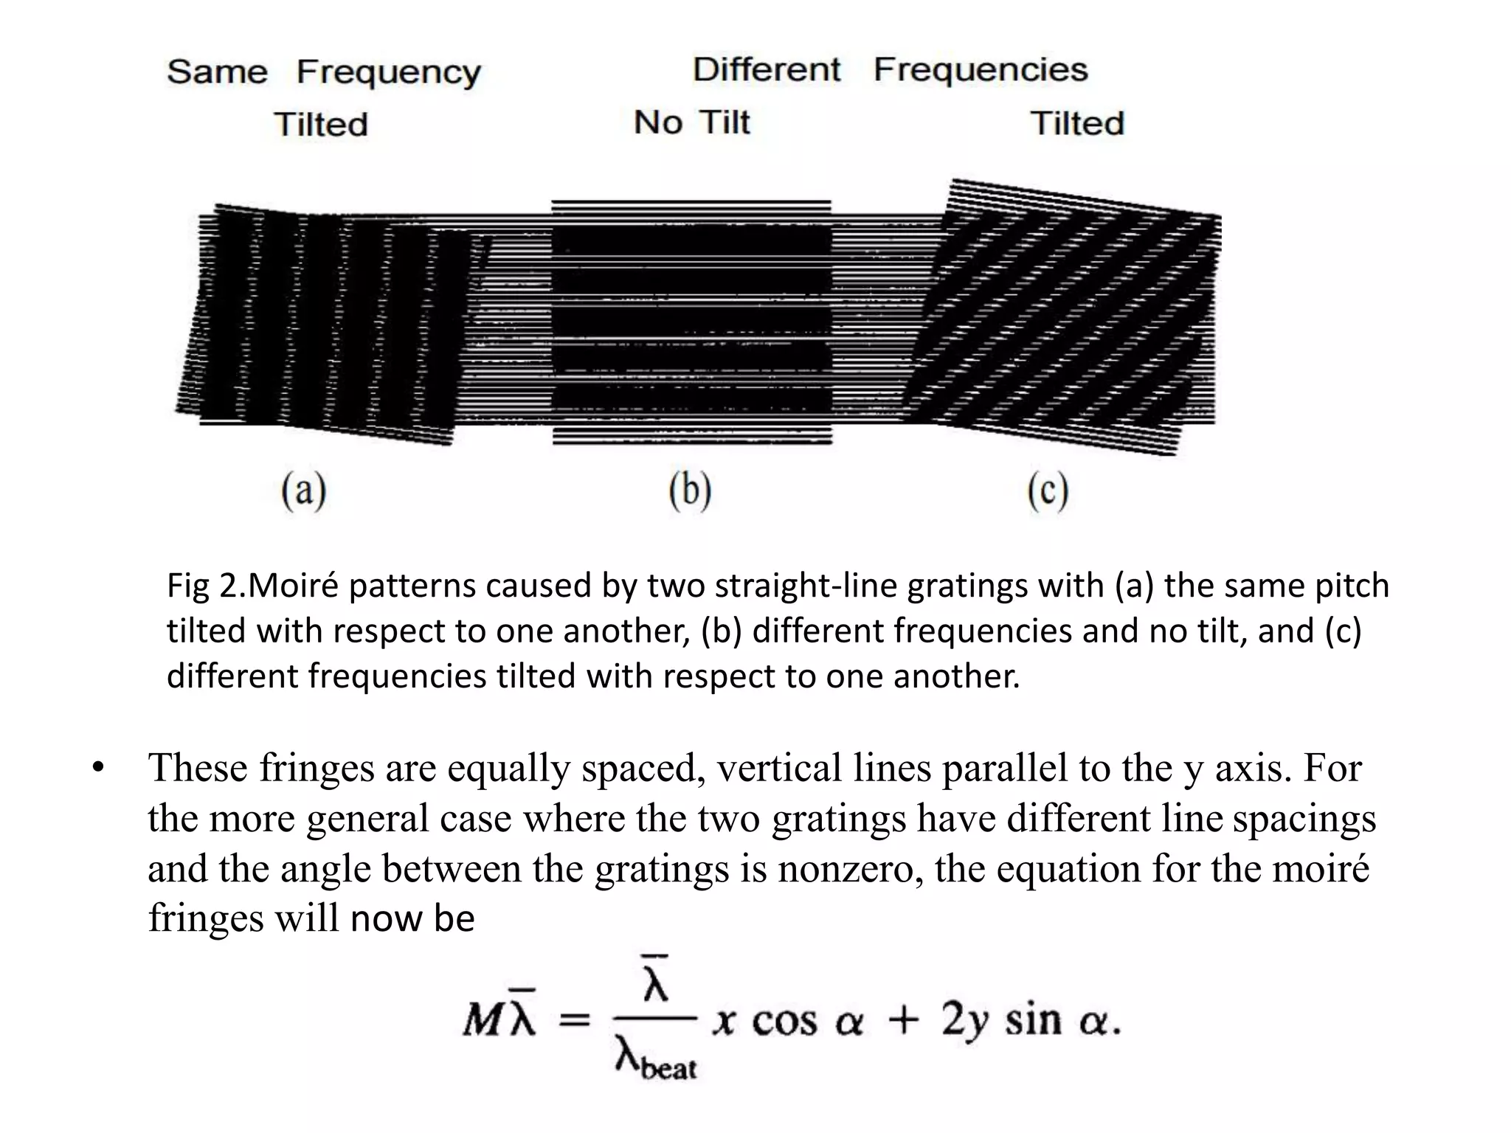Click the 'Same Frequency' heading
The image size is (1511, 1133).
[323, 72]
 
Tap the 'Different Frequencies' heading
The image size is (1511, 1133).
[890, 70]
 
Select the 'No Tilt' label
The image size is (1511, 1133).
[691, 122]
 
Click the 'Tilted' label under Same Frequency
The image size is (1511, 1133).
[321, 124]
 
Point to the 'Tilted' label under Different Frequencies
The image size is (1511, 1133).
[1077, 123]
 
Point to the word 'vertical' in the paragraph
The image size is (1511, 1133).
[780, 768]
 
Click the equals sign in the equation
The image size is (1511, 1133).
[575, 1021]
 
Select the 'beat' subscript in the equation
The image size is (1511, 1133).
[668, 1068]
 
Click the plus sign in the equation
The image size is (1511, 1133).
[903, 1021]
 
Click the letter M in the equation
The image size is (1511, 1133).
[483, 1021]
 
